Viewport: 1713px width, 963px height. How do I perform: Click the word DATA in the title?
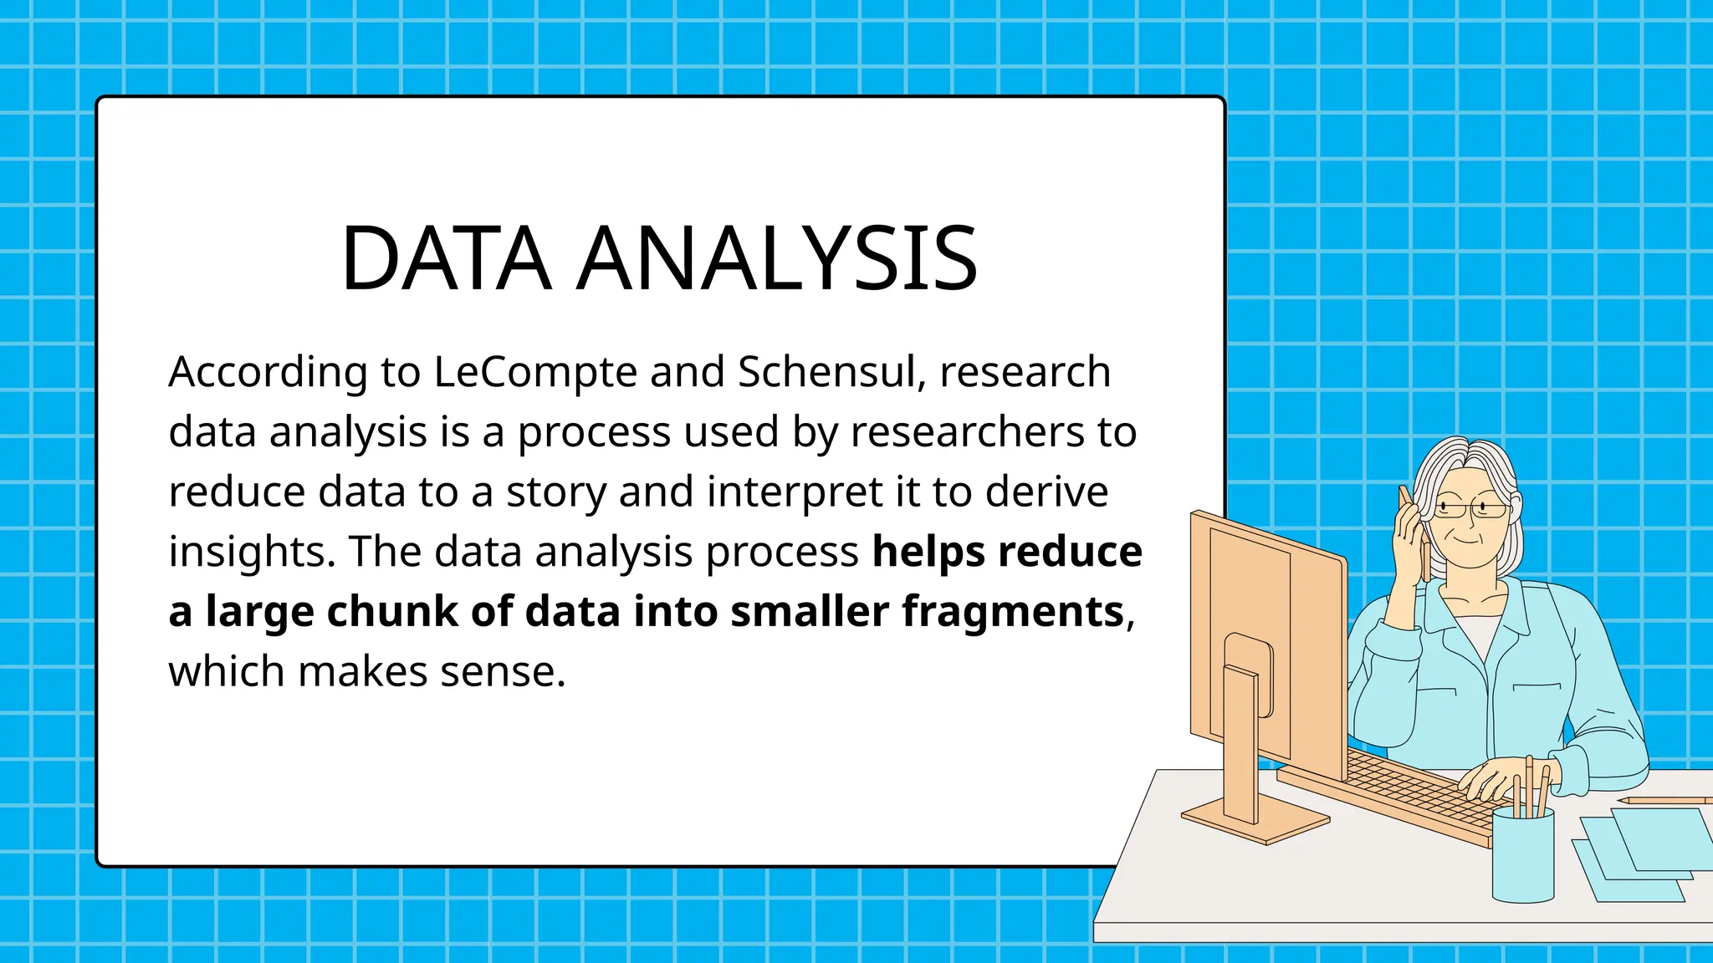pos(446,258)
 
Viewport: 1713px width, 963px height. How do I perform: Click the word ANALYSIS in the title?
pos(777,258)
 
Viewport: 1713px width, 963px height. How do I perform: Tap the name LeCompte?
pos(535,372)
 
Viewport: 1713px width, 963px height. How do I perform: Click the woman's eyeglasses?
pos(1472,507)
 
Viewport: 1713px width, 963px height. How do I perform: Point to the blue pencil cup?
pos(1522,857)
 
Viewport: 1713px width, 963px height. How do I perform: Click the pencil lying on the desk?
pos(1664,800)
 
